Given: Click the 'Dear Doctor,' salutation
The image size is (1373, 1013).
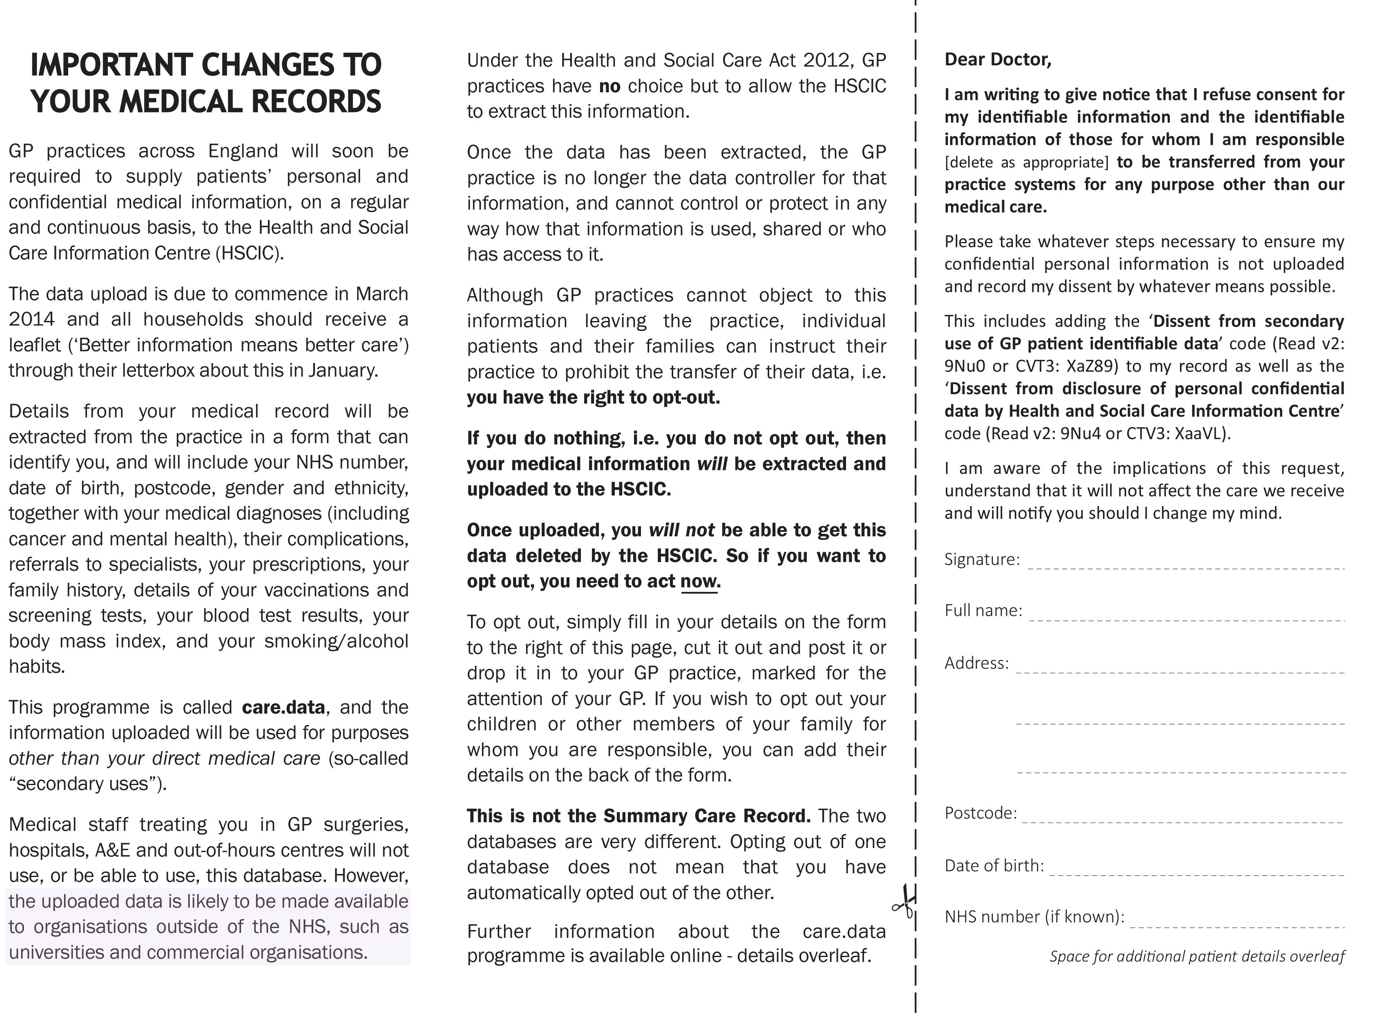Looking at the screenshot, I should pyautogui.click(x=998, y=60).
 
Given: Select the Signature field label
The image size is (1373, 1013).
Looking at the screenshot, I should pyautogui.click(x=982, y=559).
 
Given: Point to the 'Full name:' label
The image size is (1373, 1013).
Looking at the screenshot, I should pyautogui.click(x=983, y=610).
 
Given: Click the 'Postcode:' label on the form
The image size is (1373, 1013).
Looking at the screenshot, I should pyautogui.click(x=980, y=813).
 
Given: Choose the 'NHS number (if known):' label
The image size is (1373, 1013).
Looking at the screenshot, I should pyautogui.click(x=1034, y=917).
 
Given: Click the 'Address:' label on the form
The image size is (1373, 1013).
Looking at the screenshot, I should pyautogui.click(x=976, y=663).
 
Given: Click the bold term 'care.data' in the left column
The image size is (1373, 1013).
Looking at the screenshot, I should pyautogui.click(x=284, y=707).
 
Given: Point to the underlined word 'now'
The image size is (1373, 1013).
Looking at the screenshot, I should pyautogui.click(x=699, y=581).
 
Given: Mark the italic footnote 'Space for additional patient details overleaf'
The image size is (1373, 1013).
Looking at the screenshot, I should pyautogui.click(x=1197, y=956).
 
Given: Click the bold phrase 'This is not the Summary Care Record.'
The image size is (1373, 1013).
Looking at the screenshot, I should pyautogui.click(x=639, y=816).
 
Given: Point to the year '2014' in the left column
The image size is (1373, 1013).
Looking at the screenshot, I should pyautogui.click(x=31, y=319).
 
